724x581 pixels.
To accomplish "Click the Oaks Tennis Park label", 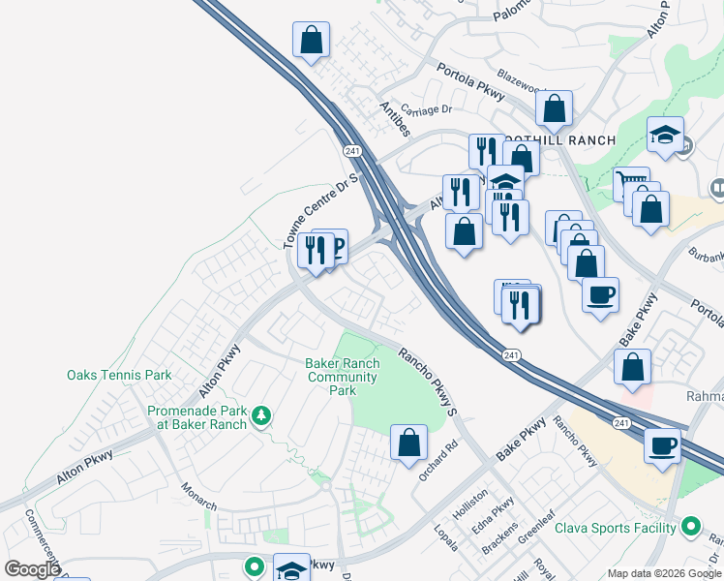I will [119, 375].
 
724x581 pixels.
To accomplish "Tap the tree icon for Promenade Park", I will [260, 416].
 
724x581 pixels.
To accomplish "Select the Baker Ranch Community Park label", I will [343, 377].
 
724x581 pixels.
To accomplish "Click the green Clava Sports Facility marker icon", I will [690, 528].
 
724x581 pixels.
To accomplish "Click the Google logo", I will [32, 569].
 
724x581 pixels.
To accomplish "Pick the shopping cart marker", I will [630, 181].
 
